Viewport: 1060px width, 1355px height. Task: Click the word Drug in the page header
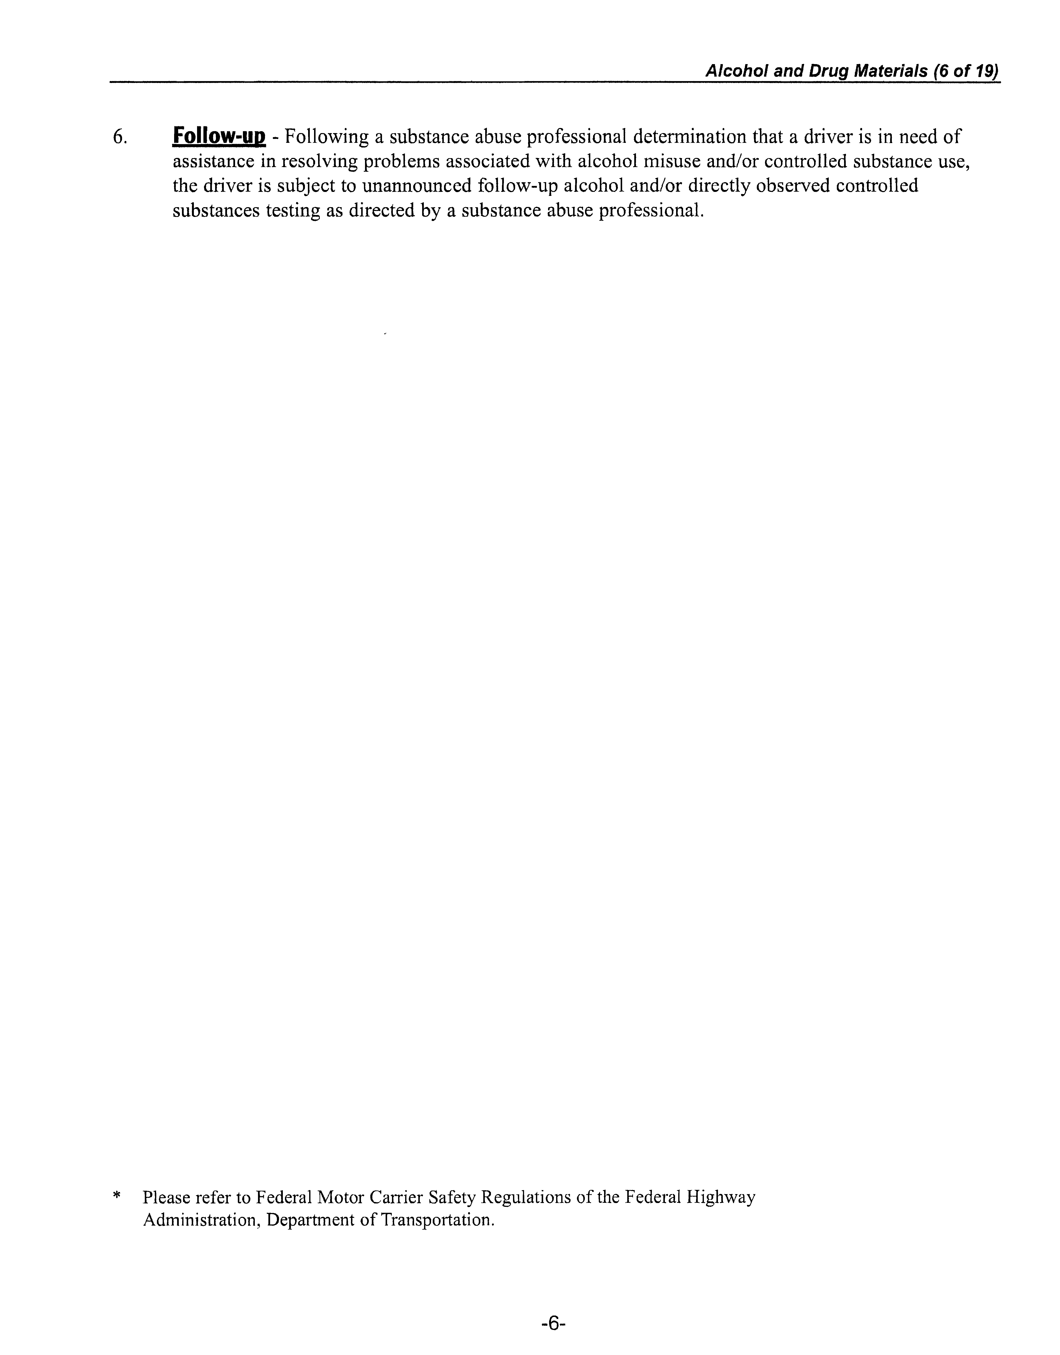coord(829,72)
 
